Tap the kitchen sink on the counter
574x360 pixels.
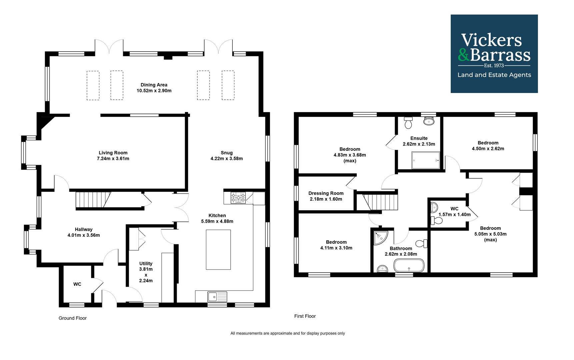click(x=217, y=296)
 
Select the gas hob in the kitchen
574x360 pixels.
click(x=238, y=198)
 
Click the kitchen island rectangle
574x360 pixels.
click(x=218, y=250)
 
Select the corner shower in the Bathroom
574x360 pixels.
click(x=381, y=238)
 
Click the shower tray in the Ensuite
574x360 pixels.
click(x=426, y=160)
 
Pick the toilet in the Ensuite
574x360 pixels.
click(x=408, y=123)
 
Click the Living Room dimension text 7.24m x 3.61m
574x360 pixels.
click(x=113, y=159)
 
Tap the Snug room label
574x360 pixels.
click(x=227, y=153)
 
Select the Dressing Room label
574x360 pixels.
click(x=326, y=193)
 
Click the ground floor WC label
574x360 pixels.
click(x=77, y=284)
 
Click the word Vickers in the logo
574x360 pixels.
click(x=491, y=40)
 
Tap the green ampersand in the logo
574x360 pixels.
click(x=464, y=55)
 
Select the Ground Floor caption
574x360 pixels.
click(x=73, y=318)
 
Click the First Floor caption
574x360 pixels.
click(x=305, y=316)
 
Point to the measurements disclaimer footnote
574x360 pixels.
click(x=288, y=333)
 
